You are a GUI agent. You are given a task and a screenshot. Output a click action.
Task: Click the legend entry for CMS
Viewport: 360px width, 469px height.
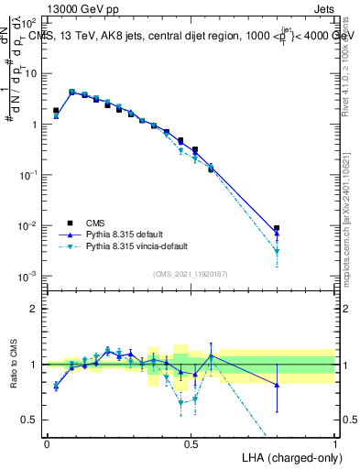96,222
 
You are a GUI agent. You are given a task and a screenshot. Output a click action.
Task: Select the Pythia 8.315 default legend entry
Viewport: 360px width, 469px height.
122,234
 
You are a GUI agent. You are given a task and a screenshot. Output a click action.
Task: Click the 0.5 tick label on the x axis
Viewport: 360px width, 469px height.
191,443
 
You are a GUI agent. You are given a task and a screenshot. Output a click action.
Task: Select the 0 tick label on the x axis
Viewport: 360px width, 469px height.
47,443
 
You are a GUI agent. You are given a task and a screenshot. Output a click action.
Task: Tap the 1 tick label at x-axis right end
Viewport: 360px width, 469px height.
335,443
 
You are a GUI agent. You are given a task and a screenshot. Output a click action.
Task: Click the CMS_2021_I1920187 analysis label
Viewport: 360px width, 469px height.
190,273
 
